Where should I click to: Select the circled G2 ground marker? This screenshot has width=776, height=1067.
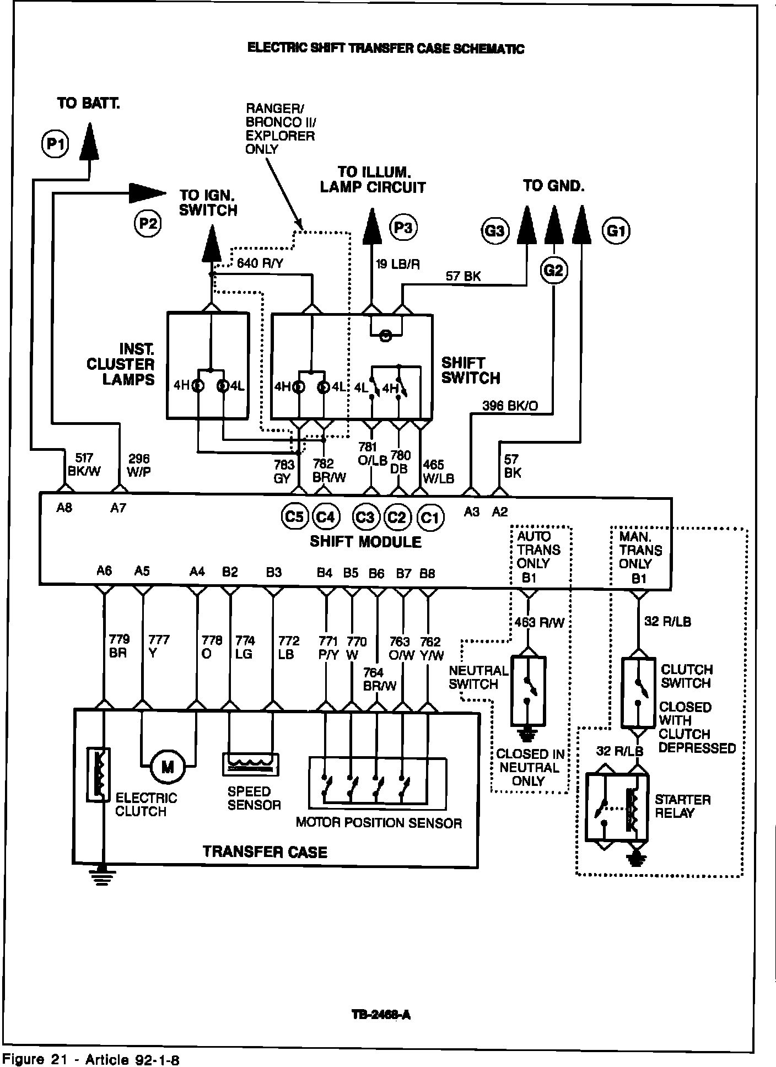(x=554, y=270)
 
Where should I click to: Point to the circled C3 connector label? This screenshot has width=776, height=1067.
(x=365, y=518)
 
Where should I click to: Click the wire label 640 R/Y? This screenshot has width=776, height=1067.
(x=260, y=264)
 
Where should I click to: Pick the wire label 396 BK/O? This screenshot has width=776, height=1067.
(x=510, y=406)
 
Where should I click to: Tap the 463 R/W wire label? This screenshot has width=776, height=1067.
(x=540, y=623)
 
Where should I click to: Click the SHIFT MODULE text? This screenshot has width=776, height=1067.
(x=365, y=542)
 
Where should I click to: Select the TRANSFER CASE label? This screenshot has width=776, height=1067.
(x=265, y=852)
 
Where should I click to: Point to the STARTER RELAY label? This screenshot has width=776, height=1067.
(x=682, y=806)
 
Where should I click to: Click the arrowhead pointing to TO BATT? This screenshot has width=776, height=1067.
(x=89, y=142)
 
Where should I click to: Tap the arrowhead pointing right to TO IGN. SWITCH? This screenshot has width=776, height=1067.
(x=147, y=192)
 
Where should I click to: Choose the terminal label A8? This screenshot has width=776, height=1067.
(x=64, y=508)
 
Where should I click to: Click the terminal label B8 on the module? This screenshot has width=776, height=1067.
(x=427, y=574)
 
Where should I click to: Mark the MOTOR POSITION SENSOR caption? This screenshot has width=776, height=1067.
(x=379, y=823)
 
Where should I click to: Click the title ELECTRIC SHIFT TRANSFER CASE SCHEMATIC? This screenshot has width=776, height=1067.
(x=386, y=48)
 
